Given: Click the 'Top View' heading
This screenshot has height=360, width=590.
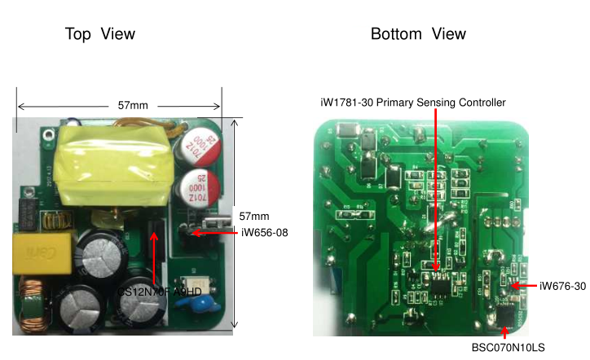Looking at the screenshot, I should coord(99,34).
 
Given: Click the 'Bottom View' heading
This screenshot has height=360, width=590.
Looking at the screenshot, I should coord(418,34).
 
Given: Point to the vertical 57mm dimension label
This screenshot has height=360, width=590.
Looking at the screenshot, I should coord(254,216).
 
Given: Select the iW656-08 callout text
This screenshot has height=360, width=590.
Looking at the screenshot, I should coord(265,233).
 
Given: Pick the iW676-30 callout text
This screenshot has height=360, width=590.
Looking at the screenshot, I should coord(562,286).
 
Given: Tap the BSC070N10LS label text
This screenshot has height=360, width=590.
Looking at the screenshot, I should coord(508,348).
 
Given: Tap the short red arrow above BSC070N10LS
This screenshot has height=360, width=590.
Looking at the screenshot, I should coord(504,331).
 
